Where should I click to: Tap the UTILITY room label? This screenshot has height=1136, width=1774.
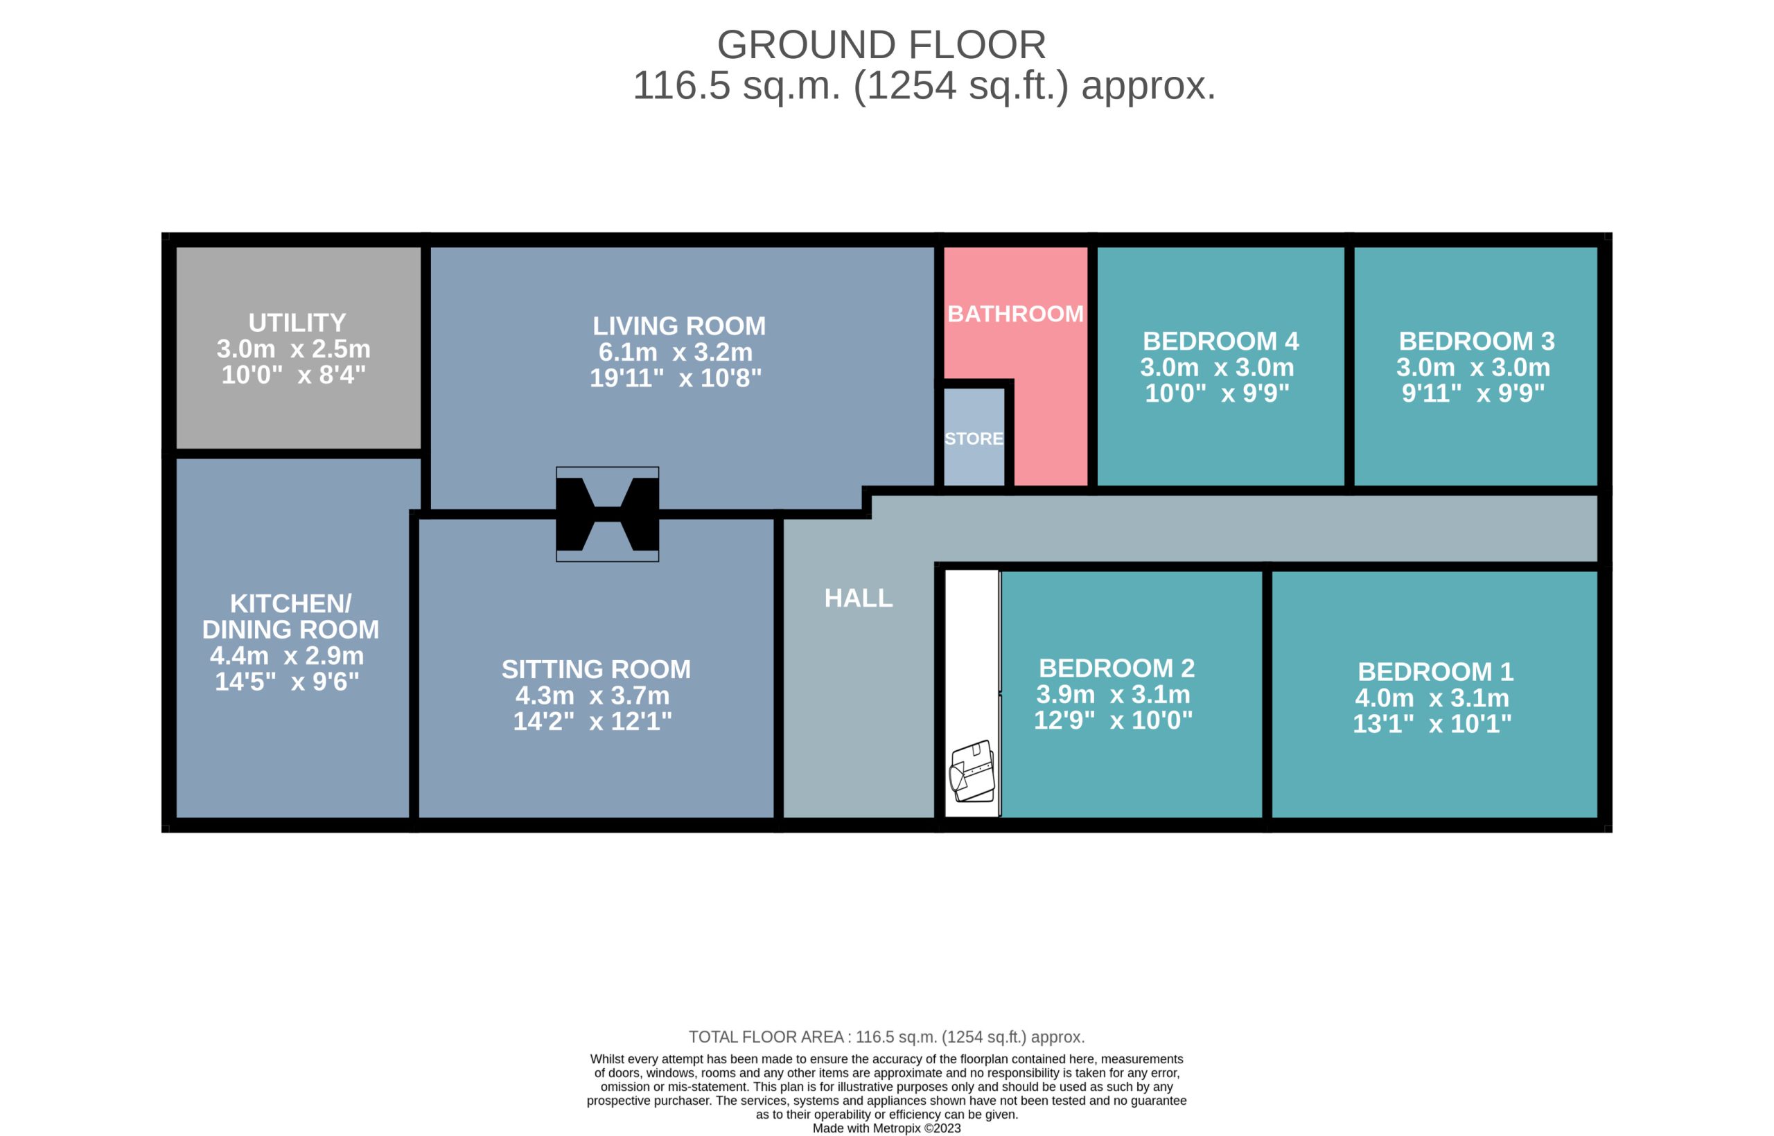[x=297, y=322]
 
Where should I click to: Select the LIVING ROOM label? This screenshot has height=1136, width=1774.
[x=679, y=326]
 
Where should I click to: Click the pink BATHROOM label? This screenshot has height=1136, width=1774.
[x=1015, y=314]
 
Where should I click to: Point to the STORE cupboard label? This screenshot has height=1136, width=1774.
[x=974, y=438]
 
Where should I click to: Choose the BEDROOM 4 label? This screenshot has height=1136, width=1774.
[x=1220, y=341]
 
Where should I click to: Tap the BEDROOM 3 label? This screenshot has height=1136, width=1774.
[x=1477, y=341]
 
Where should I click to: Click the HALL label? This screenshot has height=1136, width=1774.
[x=858, y=598]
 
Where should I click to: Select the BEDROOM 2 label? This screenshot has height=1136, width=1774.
[x=1116, y=668]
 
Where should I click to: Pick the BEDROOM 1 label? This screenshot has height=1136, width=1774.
[x=1435, y=671]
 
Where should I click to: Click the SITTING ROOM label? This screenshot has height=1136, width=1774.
[x=596, y=669]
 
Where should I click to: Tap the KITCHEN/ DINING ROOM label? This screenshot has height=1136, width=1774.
[x=291, y=616]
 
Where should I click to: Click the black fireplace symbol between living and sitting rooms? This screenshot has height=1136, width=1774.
[x=607, y=514]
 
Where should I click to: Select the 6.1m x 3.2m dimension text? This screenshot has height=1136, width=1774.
[x=675, y=352]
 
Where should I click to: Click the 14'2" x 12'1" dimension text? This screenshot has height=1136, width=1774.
[x=592, y=720]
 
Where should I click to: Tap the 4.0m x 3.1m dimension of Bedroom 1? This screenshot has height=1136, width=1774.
[x=1432, y=697]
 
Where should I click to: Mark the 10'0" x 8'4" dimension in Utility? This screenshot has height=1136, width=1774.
[x=294, y=375]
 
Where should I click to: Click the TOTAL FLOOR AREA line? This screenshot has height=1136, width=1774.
[x=886, y=1036]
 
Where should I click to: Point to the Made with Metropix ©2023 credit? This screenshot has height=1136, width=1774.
[x=886, y=1128]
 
